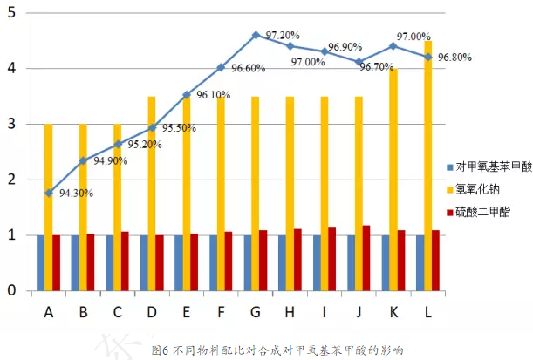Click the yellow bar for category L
(x=427, y=166)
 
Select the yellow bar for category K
(x=393, y=179)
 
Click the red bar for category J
(x=366, y=258)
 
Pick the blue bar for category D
(x=144, y=262)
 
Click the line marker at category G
(x=256, y=35)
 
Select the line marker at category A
(x=49, y=193)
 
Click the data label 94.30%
(x=79, y=195)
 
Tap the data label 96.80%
(x=454, y=58)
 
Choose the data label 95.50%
(x=179, y=127)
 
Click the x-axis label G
(x=255, y=309)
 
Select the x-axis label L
(x=427, y=309)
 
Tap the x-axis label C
(x=117, y=309)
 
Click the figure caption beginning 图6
(x=277, y=350)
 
